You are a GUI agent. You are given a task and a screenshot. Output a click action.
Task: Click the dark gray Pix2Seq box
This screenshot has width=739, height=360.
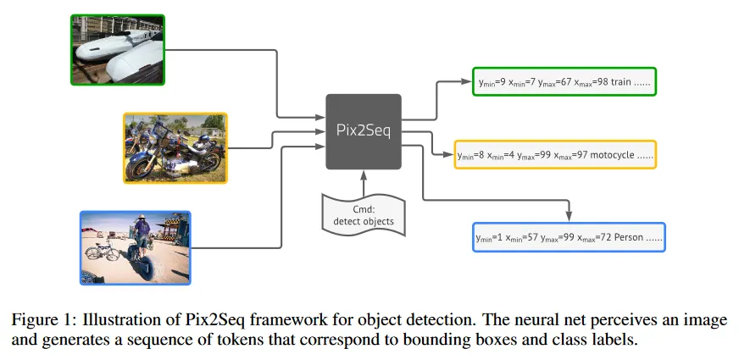363,131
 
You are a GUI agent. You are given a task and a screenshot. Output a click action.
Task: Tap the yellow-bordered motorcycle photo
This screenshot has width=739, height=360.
175,148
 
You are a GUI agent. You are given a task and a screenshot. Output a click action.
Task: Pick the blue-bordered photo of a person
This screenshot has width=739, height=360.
135,247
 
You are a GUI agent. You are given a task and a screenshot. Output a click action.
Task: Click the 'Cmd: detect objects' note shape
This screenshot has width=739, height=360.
363,213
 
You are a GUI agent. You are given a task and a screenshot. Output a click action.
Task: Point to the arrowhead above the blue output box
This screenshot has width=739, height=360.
570,215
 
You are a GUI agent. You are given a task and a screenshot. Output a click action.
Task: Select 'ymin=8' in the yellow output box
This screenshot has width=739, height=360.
472,156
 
